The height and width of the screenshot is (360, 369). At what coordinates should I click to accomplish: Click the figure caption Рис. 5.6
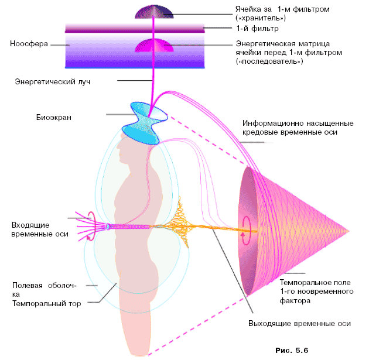click(x=291, y=350)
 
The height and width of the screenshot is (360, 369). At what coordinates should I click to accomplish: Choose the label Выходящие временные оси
click(x=299, y=324)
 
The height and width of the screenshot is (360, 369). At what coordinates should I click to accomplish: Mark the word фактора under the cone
click(x=295, y=300)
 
